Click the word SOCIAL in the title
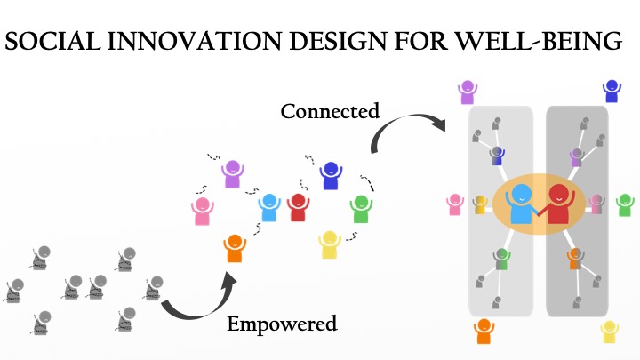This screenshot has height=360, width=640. (x=52, y=41)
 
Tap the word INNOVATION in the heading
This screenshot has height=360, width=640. (x=195, y=41)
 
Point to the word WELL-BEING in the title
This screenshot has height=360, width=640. (x=538, y=41)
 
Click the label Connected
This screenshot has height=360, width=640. (x=330, y=111)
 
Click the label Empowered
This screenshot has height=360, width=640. (x=282, y=324)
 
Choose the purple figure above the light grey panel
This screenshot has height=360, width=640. (x=468, y=92)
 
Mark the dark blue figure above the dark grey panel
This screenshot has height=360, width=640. (x=612, y=91)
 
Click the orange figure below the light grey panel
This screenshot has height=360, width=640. (x=484, y=332)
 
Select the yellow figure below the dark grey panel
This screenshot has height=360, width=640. (x=609, y=332)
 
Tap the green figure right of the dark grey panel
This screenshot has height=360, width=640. (x=625, y=205)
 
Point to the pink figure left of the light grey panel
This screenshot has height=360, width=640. (x=455, y=204)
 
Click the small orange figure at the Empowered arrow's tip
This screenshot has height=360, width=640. (x=235, y=248)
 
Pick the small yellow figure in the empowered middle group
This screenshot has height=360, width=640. (x=330, y=244)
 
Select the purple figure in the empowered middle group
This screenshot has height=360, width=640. (x=233, y=174)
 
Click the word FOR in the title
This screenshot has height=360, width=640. (x=420, y=41)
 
